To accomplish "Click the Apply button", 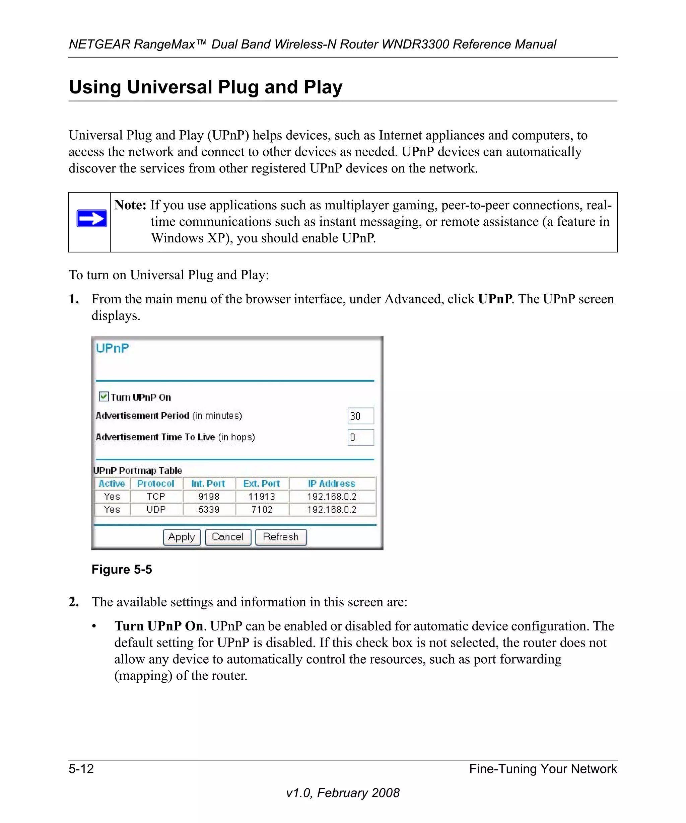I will pyautogui.click(x=182, y=537).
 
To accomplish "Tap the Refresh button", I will pyautogui.click(x=281, y=537).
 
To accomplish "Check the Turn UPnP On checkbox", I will pyautogui.click(x=104, y=397).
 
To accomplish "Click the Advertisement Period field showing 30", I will pyautogui.click(x=360, y=416).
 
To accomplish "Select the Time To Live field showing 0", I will pyautogui.click(x=360, y=437).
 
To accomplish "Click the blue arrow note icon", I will pyautogui.click(x=92, y=219).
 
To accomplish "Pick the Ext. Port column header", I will pyautogui.click(x=262, y=483).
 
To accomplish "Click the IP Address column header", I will pyautogui.click(x=332, y=483).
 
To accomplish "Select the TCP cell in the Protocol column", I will pyautogui.click(x=156, y=497).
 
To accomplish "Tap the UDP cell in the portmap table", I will pyautogui.click(x=156, y=510).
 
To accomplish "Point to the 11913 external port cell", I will pyautogui.click(x=262, y=497).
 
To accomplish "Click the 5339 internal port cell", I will pyautogui.click(x=209, y=510).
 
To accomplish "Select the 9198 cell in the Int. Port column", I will pyautogui.click(x=209, y=497).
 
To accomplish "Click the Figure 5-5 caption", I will pyautogui.click(x=122, y=570).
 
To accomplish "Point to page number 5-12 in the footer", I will pyautogui.click(x=81, y=769).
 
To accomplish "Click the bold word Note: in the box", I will pyautogui.click(x=130, y=205).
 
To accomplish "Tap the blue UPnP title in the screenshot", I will pyautogui.click(x=112, y=348).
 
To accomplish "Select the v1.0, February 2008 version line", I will pyautogui.click(x=343, y=793).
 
